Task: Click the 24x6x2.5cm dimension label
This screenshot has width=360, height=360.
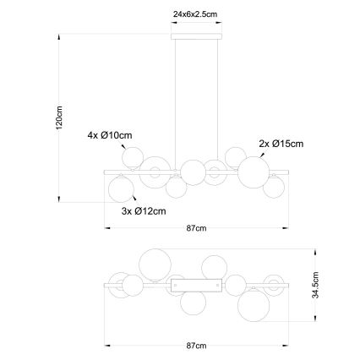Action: (195, 14)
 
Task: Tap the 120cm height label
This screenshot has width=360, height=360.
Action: (59, 117)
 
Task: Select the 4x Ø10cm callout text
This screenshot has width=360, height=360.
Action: (110, 135)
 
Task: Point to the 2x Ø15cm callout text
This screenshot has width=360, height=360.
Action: (281, 144)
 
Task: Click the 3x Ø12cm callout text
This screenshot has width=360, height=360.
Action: (144, 210)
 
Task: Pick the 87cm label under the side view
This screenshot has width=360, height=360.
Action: (196, 228)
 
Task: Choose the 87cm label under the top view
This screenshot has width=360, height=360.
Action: (196, 346)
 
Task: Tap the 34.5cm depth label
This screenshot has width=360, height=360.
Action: (315, 285)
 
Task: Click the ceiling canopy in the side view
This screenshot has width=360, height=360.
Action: (197, 36)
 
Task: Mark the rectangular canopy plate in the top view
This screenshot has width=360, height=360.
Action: (197, 286)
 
